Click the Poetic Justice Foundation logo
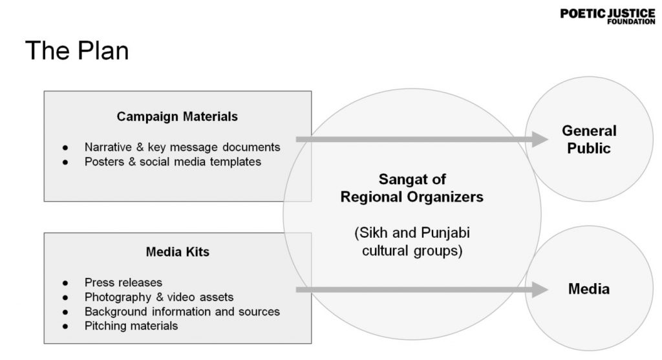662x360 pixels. coord(607,16)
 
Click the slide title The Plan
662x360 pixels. coord(77,50)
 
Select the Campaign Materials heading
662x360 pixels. coord(177,117)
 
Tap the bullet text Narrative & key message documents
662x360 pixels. coord(182,147)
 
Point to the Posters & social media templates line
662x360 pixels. coord(173,162)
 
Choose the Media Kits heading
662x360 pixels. coord(177,252)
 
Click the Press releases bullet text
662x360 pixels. coord(123,282)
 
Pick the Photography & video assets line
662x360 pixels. coord(159,297)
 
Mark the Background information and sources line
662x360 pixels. coord(182,312)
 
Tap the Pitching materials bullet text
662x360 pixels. coord(131,326)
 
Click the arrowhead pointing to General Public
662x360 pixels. coord(540,139)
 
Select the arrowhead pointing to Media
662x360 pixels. coord(540,290)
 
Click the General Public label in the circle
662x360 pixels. coord(589,140)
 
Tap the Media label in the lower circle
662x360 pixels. coord(589,289)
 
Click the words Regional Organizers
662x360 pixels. coord(412,197)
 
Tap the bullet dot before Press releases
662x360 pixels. coord(65,283)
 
